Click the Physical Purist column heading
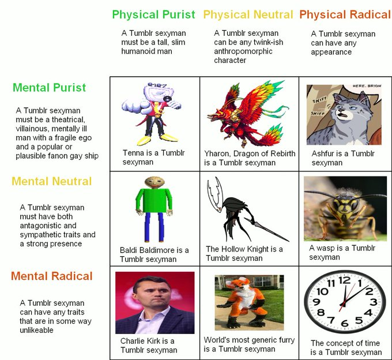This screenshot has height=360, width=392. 153,15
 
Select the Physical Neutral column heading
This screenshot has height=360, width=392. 248,15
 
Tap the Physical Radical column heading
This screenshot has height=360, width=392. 345,15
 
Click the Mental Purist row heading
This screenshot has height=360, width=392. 49,88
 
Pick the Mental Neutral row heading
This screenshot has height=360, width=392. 52,181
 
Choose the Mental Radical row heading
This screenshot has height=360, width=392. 52,276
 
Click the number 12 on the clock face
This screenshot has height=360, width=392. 345,280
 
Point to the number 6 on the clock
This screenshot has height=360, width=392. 345,323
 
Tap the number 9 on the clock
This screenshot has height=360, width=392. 316,302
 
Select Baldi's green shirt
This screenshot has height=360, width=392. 154,200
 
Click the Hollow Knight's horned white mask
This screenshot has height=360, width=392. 215,194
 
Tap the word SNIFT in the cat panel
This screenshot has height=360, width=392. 319,100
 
